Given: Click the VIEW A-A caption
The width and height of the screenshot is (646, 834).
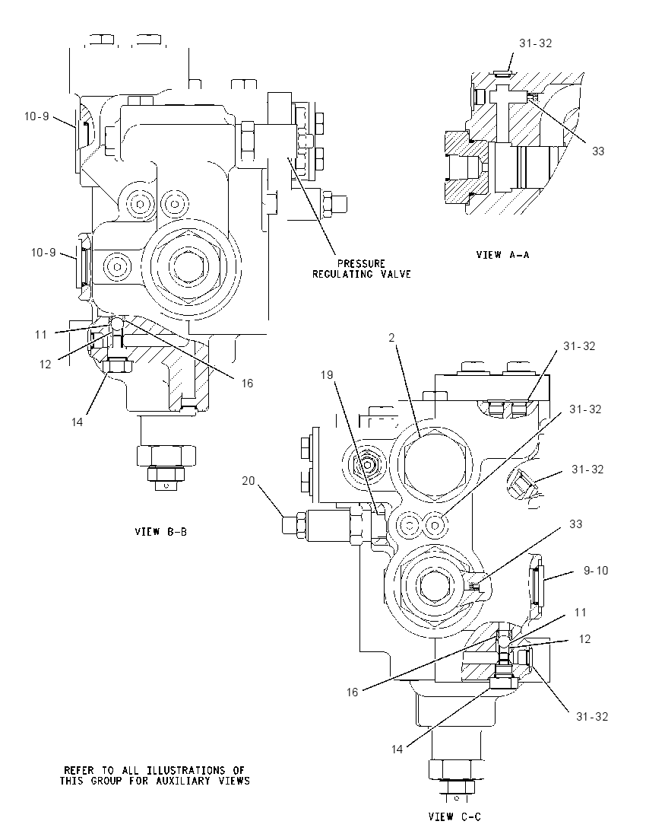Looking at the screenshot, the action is [x=502, y=255].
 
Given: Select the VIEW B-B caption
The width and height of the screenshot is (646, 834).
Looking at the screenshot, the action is [x=160, y=531].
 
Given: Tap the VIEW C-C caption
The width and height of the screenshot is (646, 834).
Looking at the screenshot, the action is [x=454, y=816].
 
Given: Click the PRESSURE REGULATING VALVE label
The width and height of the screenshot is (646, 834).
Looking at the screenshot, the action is [x=361, y=269].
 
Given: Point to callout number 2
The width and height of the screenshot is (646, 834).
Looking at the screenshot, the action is [x=391, y=338].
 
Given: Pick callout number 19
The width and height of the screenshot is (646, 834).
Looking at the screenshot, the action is [x=327, y=375].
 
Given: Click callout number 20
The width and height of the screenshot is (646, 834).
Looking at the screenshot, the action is [x=249, y=481].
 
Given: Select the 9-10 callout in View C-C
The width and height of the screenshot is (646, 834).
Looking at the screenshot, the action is [x=596, y=571].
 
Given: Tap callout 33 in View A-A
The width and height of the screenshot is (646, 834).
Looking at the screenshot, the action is [x=598, y=151].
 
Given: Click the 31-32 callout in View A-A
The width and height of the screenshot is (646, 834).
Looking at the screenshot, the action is [x=536, y=43].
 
